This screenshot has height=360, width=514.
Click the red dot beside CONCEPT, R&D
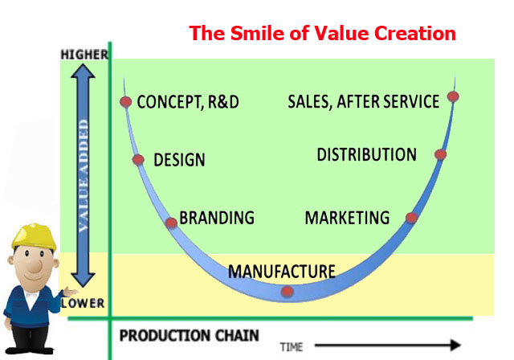125,102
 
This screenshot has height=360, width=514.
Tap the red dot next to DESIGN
138,160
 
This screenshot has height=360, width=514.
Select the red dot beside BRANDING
171,223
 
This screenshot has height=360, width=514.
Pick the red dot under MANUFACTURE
288,291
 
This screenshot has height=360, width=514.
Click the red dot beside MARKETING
412,218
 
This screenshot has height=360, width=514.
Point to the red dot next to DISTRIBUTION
441,154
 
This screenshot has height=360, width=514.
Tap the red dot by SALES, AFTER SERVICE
453,96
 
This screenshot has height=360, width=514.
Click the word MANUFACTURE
282,272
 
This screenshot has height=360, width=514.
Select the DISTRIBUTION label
366,154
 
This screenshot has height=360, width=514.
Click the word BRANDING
217,218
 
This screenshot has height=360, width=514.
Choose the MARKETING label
347,218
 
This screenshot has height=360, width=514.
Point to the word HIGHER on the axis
84,55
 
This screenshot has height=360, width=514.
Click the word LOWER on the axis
83,303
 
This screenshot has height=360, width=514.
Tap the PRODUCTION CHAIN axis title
190,335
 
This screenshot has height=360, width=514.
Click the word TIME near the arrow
292,347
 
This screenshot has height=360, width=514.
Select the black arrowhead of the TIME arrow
455,345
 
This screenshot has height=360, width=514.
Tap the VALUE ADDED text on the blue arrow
84,176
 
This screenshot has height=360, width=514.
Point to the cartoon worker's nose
34,266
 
